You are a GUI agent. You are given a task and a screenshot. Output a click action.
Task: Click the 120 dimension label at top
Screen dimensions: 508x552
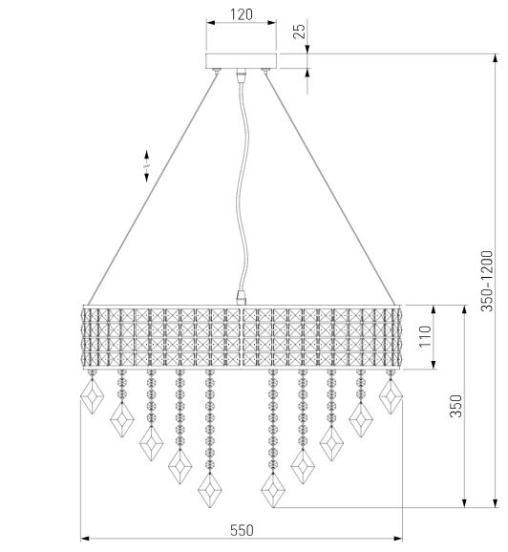(x=242, y=14)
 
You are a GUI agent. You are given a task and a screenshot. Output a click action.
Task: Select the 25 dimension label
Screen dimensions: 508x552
(x=299, y=31)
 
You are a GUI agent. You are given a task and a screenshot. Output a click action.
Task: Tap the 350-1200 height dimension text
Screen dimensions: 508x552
(x=487, y=281)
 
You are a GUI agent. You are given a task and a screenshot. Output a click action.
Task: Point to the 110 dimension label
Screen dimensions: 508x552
(x=425, y=336)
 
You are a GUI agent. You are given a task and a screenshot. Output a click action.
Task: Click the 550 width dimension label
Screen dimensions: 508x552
(x=242, y=530)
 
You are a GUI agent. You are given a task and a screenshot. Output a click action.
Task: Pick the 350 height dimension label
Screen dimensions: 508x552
(x=455, y=406)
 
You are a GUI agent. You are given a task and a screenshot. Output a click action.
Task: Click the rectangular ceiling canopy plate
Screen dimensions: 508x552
(x=242, y=61)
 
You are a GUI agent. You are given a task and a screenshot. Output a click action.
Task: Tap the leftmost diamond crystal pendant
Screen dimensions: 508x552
(x=92, y=396)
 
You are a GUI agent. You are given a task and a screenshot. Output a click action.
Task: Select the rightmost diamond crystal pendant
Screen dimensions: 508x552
(x=391, y=396)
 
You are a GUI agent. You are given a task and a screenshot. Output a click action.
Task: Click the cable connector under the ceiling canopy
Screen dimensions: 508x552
(x=242, y=75)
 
